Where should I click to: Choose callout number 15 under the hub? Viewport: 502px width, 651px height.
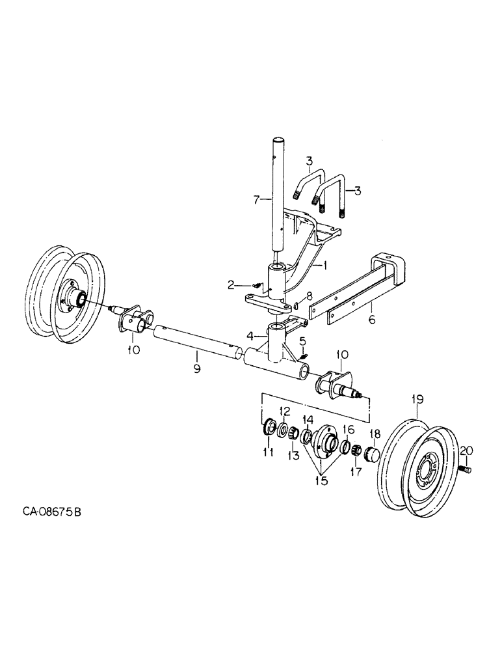(x=321, y=482)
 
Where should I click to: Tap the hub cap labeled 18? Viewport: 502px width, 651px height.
(x=374, y=454)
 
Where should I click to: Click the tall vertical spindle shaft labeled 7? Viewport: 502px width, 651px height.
(x=279, y=202)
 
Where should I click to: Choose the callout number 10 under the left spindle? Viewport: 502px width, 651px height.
(x=133, y=351)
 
